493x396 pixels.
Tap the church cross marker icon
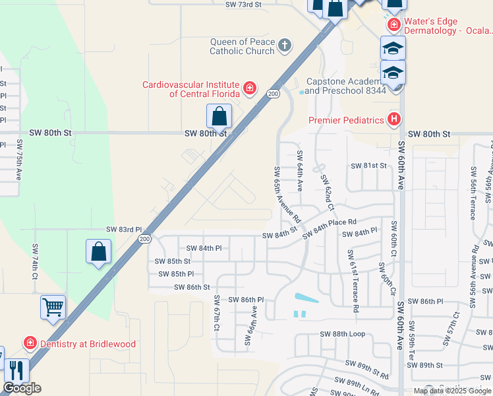tap(285, 46)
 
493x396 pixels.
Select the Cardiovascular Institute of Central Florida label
tap(192, 88)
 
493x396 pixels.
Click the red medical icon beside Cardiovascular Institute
tap(249, 88)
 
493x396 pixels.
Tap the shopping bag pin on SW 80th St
tap(219, 117)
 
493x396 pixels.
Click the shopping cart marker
tap(53, 307)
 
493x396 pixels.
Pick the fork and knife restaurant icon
tap(16, 371)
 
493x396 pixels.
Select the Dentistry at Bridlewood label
tap(88, 344)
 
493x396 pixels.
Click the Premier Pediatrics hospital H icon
tap(394, 119)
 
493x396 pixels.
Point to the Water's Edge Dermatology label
tap(448, 26)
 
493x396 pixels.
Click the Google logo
tap(22, 388)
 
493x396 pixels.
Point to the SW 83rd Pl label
tap(124, 229)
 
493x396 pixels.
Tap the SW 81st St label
tap(368, 166)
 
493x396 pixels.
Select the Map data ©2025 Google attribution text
tap(452, 391)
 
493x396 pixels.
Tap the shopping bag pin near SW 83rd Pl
tap(98, 251)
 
